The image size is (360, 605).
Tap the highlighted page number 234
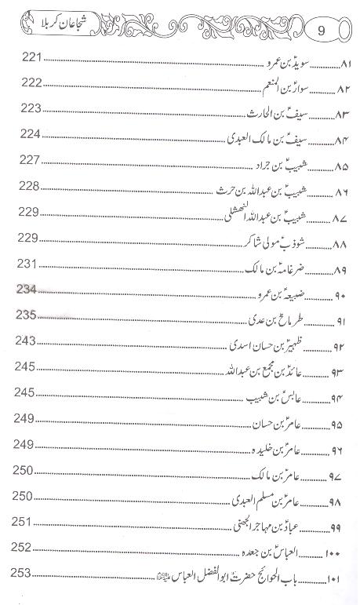pos(27,289)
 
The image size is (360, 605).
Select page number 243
pos(27,341)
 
